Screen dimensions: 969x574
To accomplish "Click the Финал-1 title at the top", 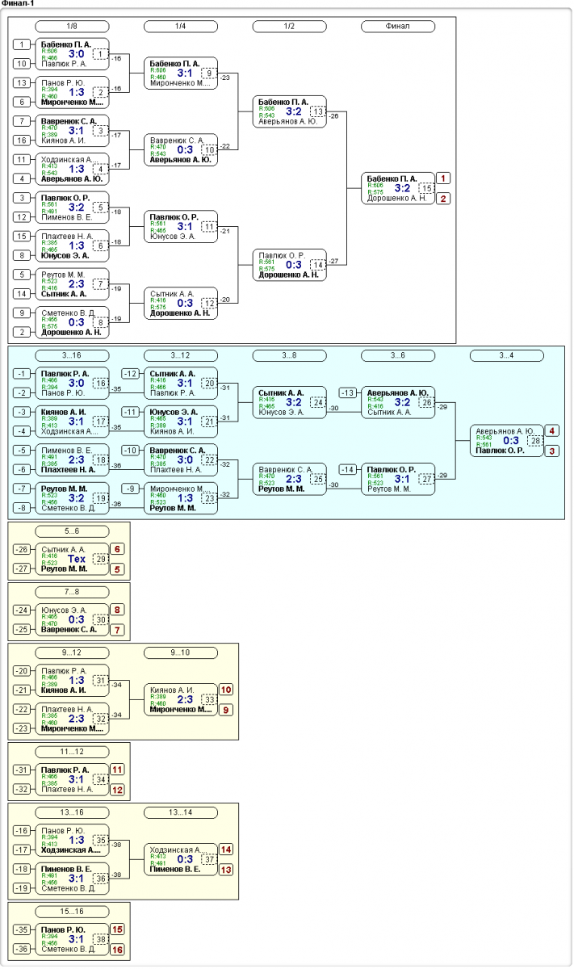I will click(x=18, y=4).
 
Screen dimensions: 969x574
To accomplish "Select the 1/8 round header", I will click(x=72, y=26).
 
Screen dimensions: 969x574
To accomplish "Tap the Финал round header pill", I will click(x=397, y=26).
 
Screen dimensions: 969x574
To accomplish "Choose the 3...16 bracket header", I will click(x=72, y=355).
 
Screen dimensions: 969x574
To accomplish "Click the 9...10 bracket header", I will click(x=180, y=652).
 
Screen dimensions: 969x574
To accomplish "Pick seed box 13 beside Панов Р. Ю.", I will click(x=23, y=82).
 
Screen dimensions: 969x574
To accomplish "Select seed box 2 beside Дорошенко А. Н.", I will click(x=23, y=331).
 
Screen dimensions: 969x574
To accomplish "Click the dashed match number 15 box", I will click(x=426, y=188).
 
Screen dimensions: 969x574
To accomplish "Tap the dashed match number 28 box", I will click(x=534, y=441).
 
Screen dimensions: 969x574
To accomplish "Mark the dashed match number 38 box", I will click(x=100, y=940).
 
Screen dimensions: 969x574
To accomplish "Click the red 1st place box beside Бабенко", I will click(x=443, y=178).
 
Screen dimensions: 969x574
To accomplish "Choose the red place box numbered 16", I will click(x=118, y=950).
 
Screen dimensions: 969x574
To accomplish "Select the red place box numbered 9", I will click(x=226, y=710).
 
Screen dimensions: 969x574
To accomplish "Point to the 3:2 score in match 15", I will click(x=403, y=188).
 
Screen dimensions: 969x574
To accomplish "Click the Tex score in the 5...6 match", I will click(x=77, y=559).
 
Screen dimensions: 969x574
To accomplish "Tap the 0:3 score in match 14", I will click(x=294, y=264).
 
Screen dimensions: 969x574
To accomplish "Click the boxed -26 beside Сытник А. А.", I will click(x=23, y=548).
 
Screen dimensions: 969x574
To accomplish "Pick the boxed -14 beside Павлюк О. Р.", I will click(x=348, y=469).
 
